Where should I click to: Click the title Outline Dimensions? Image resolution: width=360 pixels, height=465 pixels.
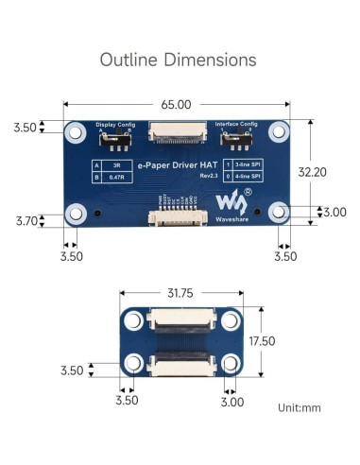(179, 59)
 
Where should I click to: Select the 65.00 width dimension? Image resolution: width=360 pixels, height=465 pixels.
(176, 104)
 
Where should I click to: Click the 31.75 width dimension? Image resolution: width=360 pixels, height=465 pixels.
(180, 293)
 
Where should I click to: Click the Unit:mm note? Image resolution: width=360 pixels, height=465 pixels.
(300, 408)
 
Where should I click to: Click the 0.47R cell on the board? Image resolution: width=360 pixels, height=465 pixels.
(115, 177)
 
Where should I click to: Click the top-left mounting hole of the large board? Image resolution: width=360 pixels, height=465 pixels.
(74, 132)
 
